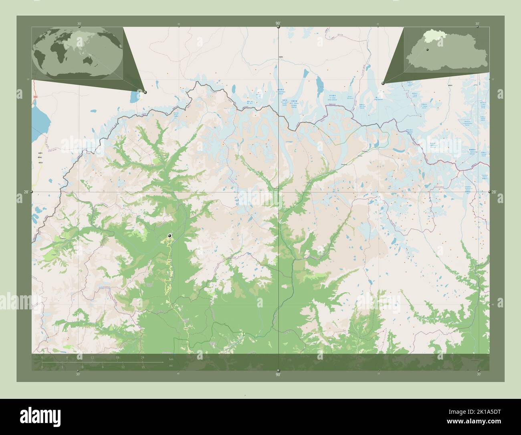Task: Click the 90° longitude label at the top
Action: [278, 24]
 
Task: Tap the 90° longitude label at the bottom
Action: [278, 374]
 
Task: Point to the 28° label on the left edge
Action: [26, 192]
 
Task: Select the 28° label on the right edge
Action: [494, 192]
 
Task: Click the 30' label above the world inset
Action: [79, 24]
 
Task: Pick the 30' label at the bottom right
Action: [478, 374]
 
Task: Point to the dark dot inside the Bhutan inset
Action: [428, 50]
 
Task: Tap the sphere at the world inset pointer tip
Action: [145, 92]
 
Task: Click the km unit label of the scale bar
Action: [171, 358]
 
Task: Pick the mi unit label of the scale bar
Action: [171, 366]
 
